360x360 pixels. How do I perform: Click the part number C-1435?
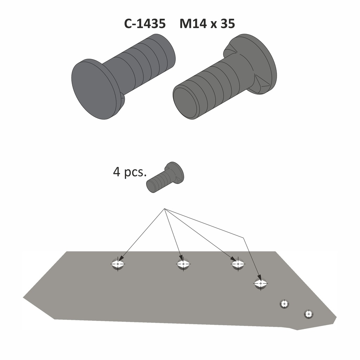(144, 24)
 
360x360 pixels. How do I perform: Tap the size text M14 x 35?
(207, 24)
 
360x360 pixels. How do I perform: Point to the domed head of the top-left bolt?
(93, 90)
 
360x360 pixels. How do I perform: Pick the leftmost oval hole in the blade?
(118, 264)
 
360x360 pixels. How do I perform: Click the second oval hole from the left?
(183, 264)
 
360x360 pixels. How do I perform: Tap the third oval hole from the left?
(238, 264)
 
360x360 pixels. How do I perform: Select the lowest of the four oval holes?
(261, 283)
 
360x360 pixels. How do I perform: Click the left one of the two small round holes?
(284, 303)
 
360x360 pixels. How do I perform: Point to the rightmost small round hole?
(308, 314)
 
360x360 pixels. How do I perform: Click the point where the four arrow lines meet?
(165, 209)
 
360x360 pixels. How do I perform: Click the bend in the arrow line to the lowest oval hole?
(243, 238)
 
